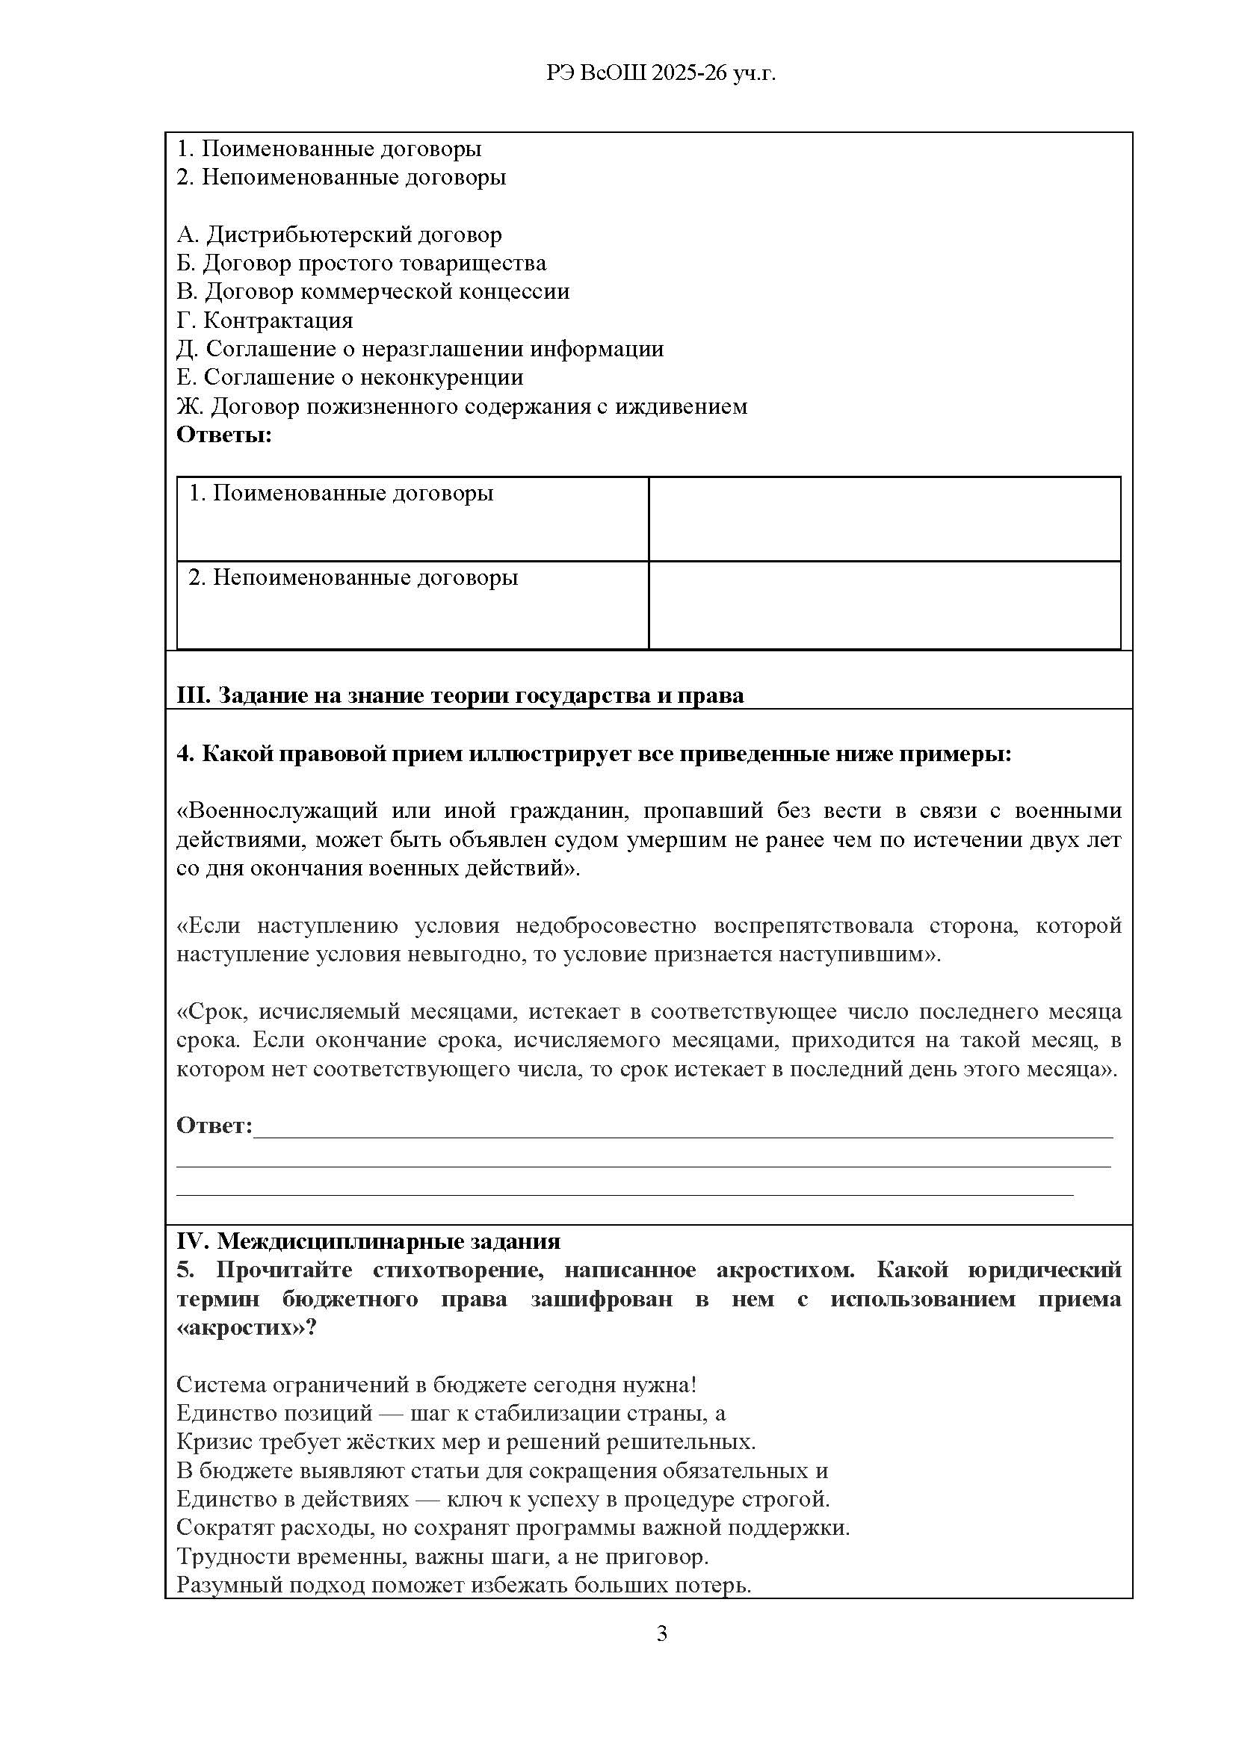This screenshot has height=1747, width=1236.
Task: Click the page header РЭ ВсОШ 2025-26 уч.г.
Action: coord(661,72)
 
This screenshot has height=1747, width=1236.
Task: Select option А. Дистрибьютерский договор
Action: coord(339,235)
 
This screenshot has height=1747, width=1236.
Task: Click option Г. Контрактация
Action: coord(265,320)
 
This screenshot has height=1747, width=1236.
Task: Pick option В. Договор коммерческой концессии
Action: coord(373,291)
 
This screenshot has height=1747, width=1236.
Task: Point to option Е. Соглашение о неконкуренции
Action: coord(350,377)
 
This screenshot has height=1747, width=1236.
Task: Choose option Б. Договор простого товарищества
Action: coord(362,263)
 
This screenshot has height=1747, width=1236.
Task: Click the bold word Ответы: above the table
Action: coord(223,435)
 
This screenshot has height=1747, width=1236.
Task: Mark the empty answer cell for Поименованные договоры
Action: coord(883,519)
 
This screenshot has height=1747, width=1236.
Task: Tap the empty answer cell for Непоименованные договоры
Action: coord(883,605)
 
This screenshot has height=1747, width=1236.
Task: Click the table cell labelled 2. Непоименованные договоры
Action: coord(353,577)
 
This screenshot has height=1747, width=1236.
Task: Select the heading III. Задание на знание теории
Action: coord(460,695)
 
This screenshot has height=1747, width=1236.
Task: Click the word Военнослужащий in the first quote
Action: coord(277,811)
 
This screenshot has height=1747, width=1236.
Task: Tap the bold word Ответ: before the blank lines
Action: coord(214,1126)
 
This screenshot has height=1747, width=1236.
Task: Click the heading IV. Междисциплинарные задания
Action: coord(368,1241)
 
